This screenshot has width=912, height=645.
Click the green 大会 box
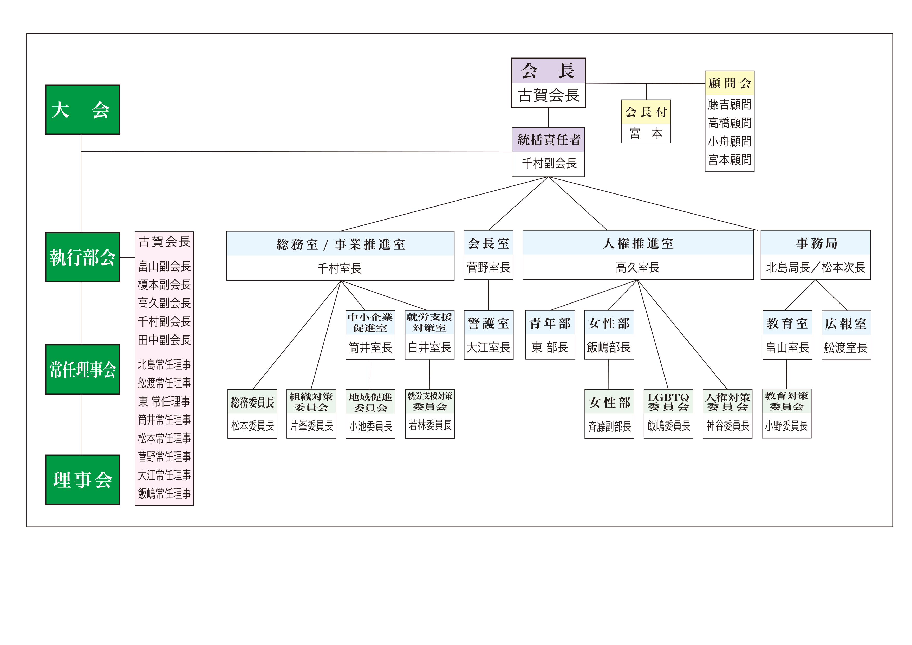(x=82, y=110)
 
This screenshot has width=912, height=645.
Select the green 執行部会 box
(x=82, y=257)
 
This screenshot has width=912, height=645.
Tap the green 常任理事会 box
(x=82, y=369)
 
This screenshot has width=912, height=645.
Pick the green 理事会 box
(x=82, y=479)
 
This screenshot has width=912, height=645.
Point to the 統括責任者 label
(x=548, y=139)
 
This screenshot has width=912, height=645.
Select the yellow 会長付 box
(x=646, y=112)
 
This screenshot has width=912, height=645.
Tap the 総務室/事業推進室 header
(x=340, y=244)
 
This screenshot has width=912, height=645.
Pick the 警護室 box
(x=488, y=323)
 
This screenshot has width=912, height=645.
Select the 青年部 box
(x=550, y=323)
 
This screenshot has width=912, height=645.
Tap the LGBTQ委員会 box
(x=668, y=402)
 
